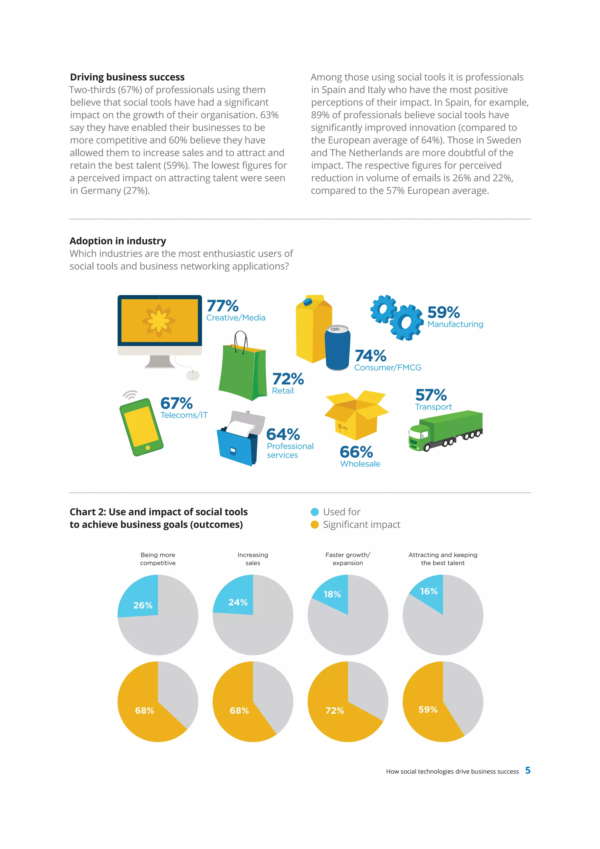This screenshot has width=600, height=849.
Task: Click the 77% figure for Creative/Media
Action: coord(223,306)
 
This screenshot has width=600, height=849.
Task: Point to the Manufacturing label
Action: coord(455,324)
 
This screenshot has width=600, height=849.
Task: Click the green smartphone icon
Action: coord(141,427)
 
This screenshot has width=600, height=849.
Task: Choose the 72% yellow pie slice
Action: coord(335,710)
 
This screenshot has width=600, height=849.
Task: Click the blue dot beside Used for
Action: coord(315,512)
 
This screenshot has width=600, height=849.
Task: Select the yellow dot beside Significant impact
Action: coord(315,525)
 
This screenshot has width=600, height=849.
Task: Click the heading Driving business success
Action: coord(127,77)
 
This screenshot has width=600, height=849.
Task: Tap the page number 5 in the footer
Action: coord(528,770)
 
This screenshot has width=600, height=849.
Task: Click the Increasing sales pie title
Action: coord(253,559)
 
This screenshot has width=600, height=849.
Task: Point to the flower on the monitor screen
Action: coord(159,320)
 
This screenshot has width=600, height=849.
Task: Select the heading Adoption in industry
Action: coord(117,241)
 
